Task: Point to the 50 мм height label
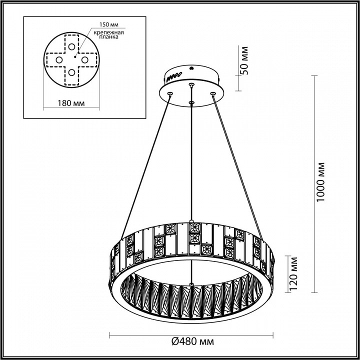(244, 59)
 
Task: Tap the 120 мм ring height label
(294, 273)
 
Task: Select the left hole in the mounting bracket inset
(58, 60)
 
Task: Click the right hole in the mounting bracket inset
(85, 60)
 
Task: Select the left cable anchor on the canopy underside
(170, 94)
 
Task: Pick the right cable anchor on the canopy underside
(213, 93)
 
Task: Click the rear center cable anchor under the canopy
(191, 85)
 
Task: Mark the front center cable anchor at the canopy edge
(191, 103)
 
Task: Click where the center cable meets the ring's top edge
(191, 221)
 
